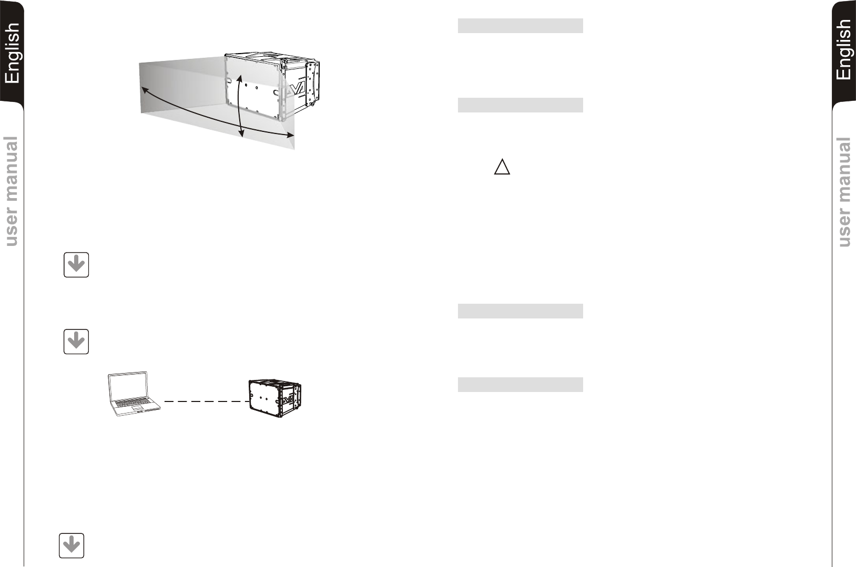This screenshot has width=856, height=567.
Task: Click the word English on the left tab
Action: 12,53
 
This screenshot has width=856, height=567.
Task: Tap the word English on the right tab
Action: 844,49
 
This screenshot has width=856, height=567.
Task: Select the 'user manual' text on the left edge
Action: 11,191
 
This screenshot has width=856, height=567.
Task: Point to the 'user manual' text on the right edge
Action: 844,192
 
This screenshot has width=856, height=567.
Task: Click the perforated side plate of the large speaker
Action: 312,84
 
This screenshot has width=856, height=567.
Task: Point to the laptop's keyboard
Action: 133,401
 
